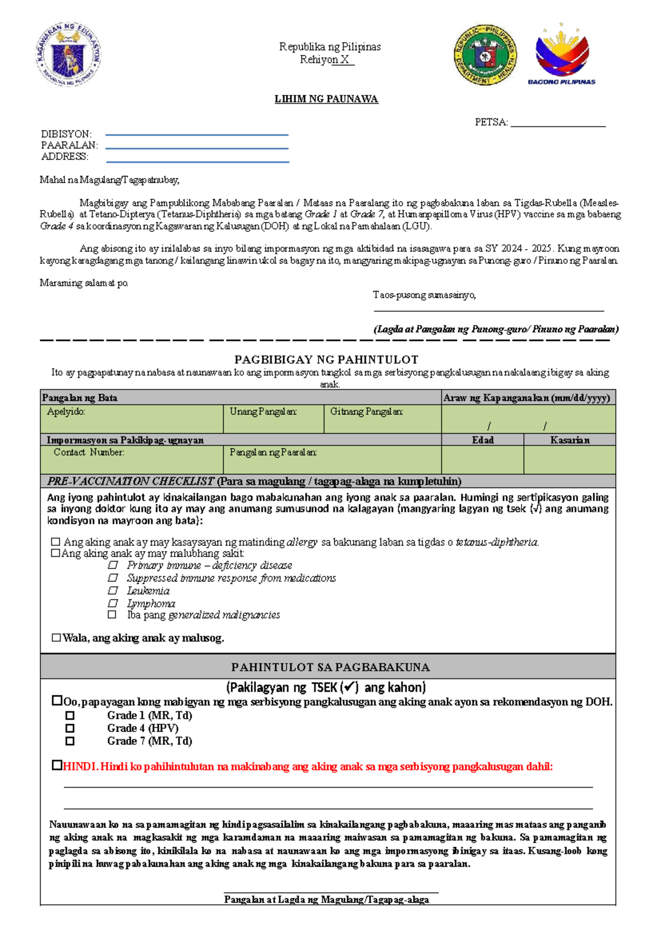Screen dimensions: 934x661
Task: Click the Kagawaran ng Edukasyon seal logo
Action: (69, 55)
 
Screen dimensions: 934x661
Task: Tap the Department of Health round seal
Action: (485, 55)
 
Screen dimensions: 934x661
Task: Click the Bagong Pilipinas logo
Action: (562, 55)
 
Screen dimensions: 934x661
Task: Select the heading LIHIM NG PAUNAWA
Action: (326, 99)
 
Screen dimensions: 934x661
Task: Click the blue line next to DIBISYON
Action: (197, 135)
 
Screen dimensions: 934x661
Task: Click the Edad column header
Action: (483, 440)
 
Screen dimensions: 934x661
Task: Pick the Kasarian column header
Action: (570, 440)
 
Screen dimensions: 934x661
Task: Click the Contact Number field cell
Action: (132, 460)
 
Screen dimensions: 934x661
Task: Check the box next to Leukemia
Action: (113, 590)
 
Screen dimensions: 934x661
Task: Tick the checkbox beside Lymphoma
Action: (113, 603)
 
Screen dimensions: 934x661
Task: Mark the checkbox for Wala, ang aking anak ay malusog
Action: (56, 638)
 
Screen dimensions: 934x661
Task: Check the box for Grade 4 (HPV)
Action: (70, 728)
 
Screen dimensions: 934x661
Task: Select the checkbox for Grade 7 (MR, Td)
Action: (70, 741)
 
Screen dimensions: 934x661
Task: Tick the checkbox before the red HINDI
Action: (57, 765)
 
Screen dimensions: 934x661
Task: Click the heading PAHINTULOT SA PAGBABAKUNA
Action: (330, 667)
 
